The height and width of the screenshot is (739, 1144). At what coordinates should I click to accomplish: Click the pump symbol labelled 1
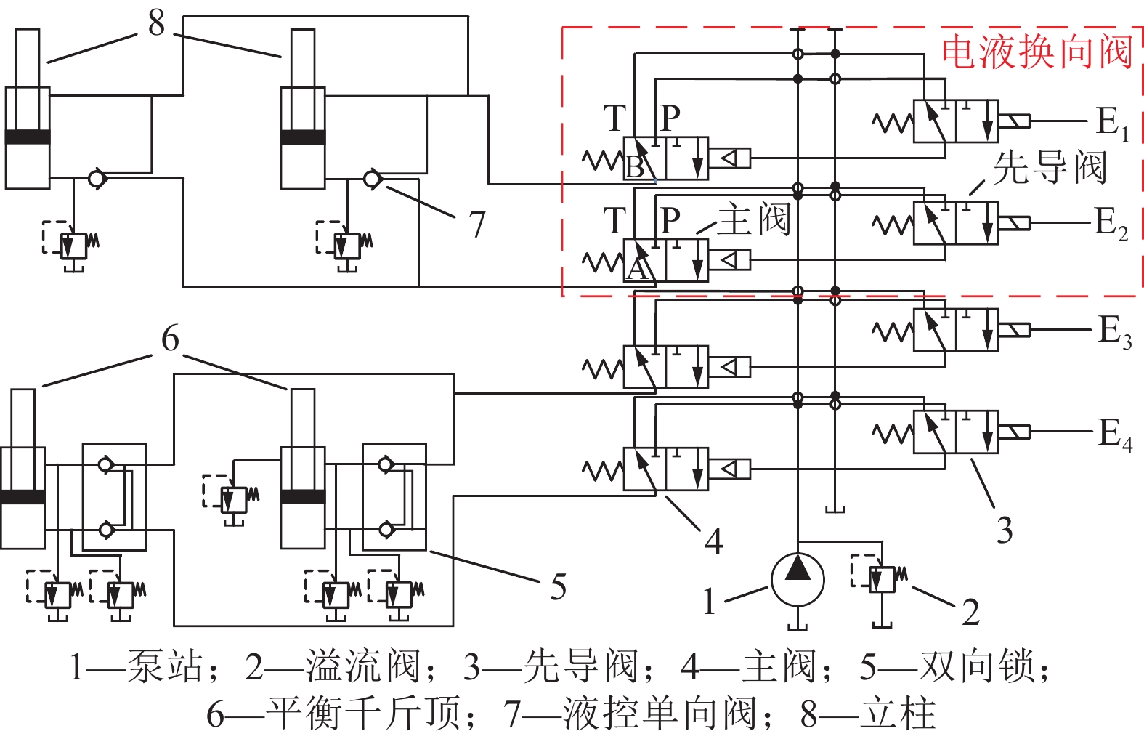(x=797, y=580)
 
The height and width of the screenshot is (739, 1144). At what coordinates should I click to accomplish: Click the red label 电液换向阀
(x=1037, y=52)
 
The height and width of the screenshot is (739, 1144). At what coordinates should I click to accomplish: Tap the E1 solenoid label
(x=1111, y=122)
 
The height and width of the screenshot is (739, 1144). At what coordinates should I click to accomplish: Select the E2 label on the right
(x=1111, y=223)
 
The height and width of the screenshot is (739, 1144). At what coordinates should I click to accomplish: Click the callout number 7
(x=476, y=225)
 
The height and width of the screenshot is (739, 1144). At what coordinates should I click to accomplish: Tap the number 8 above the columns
(x=157, y=23)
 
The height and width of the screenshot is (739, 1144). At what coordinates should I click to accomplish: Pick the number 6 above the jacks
(x=170, y=339)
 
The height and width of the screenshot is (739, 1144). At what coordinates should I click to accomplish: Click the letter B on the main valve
(x=635, y=167)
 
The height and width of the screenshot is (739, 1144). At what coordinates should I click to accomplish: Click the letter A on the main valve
(x=636, y=270)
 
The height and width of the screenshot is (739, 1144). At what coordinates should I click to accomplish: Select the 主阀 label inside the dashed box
(x=753, y=219)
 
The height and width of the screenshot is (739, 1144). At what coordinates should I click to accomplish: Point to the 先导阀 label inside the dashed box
(x=1049, y=168)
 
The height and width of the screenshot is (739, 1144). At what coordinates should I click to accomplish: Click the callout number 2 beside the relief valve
(x=970, y=612)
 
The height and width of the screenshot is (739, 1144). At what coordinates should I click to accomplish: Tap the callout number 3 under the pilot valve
(x=1004, y=530)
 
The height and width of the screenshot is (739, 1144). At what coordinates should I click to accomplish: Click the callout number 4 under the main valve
(x=714, y=541)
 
